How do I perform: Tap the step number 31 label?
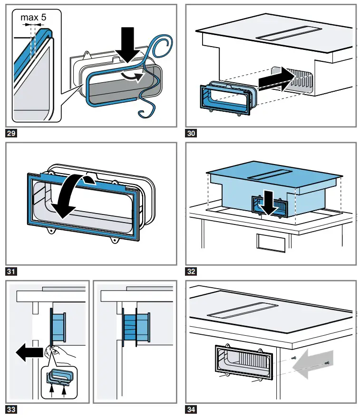[11, 272]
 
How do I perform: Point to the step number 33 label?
[11, 409]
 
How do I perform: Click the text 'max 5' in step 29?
[33, 19]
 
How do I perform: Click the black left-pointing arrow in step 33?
[28, 354]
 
